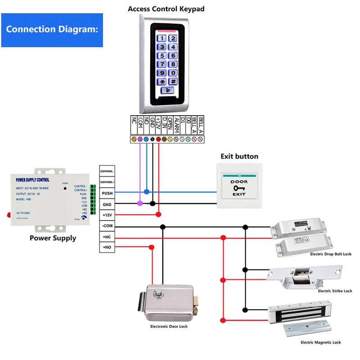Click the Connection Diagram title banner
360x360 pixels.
[52, 30]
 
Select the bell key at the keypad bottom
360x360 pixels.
[167, 90]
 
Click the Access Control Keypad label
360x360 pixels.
[166, 9]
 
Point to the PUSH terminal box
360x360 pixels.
[107, 193]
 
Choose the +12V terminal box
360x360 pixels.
[107, 215]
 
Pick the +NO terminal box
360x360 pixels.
[107, 247]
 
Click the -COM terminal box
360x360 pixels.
[107, 226]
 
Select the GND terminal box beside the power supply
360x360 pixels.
[107, 204]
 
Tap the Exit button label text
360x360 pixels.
[239, 157]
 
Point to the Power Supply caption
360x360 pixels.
[53, 238]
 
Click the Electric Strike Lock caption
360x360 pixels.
[335, 291]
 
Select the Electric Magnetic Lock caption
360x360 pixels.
[320, 342]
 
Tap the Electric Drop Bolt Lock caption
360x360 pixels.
[331, 254]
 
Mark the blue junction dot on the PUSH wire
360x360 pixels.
[146, 192]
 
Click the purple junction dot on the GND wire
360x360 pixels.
[139, 203]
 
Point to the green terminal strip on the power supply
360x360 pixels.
[93, 198]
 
